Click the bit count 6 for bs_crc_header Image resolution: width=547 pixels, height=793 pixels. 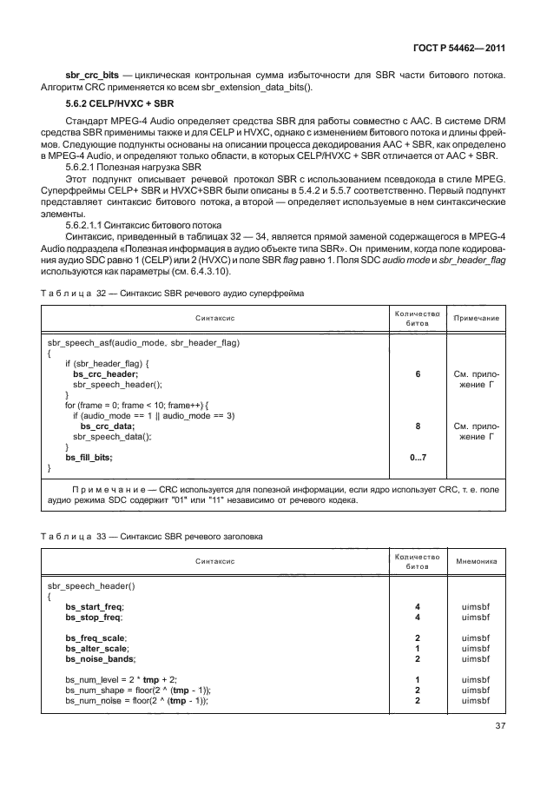[x=418, y=373]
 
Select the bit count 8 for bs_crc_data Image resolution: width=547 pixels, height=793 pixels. [x=418, y=426]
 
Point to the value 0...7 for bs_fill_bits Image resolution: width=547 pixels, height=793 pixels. [x=418, y=458]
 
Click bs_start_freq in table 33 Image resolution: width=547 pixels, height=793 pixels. [x=95, y=605]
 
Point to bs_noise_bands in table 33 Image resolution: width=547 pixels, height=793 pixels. [x=98, y=658]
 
